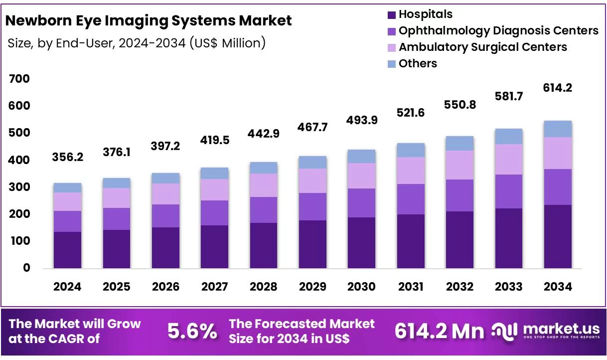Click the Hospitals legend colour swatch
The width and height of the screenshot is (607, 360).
point(391,15)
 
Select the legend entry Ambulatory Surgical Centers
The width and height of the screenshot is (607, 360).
point(483,47)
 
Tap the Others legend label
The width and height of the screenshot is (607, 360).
point(418,63)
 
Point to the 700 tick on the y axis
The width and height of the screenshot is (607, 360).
point(19,79)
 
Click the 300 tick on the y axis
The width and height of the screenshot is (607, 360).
point(19,187)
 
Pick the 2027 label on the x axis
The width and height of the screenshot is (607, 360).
point(214,287)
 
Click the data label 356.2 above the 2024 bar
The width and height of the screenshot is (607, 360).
point(67,158)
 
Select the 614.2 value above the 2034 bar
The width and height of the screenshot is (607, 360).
point(557,88)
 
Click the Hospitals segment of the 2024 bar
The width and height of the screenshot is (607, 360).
point(67,249)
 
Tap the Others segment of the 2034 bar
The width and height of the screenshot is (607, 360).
point(557,129)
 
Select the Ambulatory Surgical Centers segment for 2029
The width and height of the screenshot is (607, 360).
point(312,180)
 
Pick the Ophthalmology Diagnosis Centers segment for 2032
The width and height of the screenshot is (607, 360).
point(459,195)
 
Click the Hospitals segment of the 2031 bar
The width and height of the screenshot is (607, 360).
point(411,241)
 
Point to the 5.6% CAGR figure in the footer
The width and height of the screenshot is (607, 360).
point(192,331)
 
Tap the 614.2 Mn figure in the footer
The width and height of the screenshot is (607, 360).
point(439,331)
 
